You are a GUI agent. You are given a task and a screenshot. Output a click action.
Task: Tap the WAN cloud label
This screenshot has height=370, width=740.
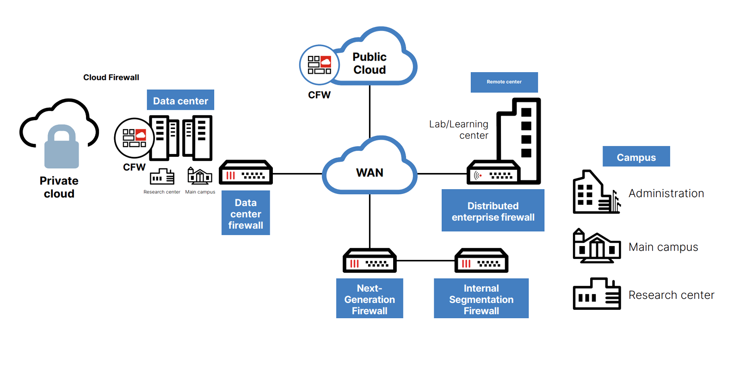click(370, 173)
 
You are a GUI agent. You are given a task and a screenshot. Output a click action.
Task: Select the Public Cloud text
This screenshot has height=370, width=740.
click(370, 63)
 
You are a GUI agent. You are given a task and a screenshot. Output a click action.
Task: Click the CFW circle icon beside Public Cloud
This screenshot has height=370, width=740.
click(319, 65)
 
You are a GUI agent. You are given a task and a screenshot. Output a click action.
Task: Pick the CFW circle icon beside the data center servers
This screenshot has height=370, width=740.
click(134, 138)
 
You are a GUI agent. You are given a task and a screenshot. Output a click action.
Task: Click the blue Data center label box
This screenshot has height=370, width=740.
click(180, 100)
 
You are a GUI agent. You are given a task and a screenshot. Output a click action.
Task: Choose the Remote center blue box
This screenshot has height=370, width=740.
click(504, 82)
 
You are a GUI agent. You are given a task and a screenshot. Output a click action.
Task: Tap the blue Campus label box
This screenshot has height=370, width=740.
click(636, 156)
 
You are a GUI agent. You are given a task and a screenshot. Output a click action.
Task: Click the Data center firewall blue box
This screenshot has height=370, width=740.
click(246, 213)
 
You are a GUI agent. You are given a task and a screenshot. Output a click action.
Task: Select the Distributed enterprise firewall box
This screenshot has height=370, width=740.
click(493, 210)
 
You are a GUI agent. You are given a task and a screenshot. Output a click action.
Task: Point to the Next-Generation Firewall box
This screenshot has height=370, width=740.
click(370, 298)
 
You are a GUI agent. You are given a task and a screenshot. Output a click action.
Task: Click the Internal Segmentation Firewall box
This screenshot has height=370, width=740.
click(481, 298)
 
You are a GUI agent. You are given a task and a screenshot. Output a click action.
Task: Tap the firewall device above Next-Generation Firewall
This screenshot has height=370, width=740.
click(370, 260)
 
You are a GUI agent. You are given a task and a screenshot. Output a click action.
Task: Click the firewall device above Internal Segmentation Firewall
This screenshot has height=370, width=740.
click(481, 260)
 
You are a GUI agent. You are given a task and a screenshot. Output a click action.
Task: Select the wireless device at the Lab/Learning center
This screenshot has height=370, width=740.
click(493, 172)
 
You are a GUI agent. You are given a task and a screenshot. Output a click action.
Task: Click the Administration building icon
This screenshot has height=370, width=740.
click(597, 192)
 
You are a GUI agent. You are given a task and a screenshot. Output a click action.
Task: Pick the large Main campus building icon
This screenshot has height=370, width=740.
click(597, 246)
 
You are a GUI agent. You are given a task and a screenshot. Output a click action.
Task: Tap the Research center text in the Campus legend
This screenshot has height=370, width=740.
click(671, 295)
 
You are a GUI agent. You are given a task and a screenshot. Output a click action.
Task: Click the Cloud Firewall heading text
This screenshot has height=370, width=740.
click(111, 77)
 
